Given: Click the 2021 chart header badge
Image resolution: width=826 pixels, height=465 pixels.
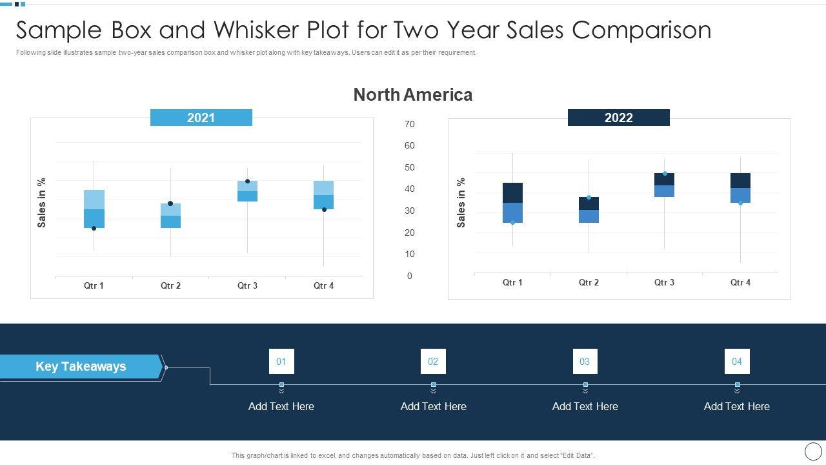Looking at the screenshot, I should point(201,118).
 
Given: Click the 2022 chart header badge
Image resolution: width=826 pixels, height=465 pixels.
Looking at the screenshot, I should point(618,118).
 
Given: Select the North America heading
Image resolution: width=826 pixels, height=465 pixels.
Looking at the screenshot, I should point(412,95).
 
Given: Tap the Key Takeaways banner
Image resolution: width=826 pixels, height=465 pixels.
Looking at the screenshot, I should point(81,366).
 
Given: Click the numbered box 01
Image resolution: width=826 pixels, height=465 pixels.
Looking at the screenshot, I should point(281,362).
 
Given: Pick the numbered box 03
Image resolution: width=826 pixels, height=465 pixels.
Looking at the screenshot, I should point(585,362).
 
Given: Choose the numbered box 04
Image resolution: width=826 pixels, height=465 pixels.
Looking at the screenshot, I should point(736,362).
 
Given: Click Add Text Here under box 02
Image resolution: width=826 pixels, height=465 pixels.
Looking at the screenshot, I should point(433,406).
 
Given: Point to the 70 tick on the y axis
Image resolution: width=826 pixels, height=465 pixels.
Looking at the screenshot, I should point(409,124).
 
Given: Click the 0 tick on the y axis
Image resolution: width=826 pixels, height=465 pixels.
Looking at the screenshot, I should point(409,276).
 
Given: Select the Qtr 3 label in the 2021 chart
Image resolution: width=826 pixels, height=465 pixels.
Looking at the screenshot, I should point(247,285).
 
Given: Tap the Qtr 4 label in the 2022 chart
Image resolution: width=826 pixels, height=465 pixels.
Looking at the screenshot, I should point(740,282).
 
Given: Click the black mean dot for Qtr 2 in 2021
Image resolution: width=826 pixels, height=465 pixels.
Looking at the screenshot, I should point(170,203).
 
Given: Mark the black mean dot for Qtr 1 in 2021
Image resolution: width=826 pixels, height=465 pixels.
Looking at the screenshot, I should point(94,228).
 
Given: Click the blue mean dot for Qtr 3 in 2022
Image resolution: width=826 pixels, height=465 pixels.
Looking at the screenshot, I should point(665,173).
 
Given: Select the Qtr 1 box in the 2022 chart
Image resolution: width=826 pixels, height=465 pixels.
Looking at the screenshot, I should point(512,203).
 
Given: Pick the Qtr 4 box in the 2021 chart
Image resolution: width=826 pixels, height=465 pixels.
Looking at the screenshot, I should point(323,195).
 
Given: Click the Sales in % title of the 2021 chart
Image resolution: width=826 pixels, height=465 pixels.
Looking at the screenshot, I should point(42,203).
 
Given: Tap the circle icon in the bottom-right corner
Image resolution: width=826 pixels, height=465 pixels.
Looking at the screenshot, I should point(813,451).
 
